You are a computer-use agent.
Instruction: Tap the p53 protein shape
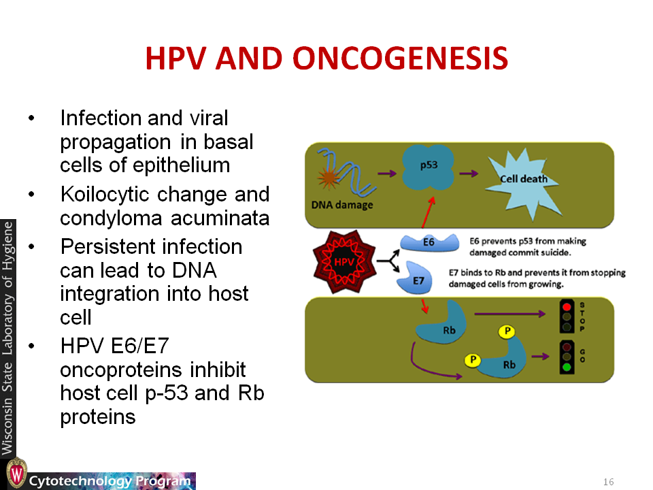pos(428,167)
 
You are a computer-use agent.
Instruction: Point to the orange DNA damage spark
pos(329,178)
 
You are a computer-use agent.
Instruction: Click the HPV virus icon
pos(344,261)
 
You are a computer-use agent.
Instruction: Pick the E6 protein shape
pos(429,242)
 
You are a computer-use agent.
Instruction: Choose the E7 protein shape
pos(414,278)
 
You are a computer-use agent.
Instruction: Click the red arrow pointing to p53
pos(429,212)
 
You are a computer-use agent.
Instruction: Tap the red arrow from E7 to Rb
pos(424,306)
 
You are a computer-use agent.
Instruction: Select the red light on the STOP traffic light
pos(567,307)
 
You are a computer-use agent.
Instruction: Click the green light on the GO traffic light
pos(567,367)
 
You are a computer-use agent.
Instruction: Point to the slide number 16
pos(608,482)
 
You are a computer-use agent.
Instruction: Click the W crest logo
pos(16,474)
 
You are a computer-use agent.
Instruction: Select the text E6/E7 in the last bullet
pos(139,346)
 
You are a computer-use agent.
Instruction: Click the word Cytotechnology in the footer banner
pos(80,481)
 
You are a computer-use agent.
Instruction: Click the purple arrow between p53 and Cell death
pos(469,174)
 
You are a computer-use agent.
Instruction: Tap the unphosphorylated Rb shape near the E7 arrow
pos(442,323)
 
